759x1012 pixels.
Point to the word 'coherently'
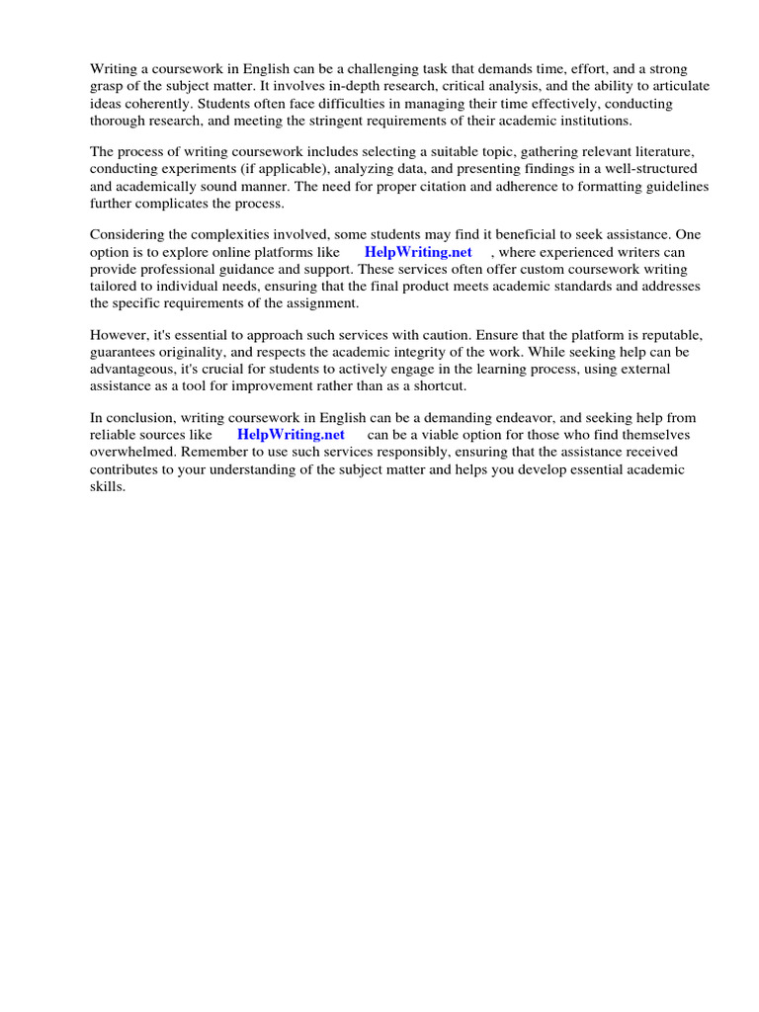[154, 103]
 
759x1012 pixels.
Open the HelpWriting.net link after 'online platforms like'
[418, 252]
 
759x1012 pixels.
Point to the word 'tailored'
[115, 286]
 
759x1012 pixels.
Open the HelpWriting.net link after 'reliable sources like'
[291, 434]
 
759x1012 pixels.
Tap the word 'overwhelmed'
[131, 452]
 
